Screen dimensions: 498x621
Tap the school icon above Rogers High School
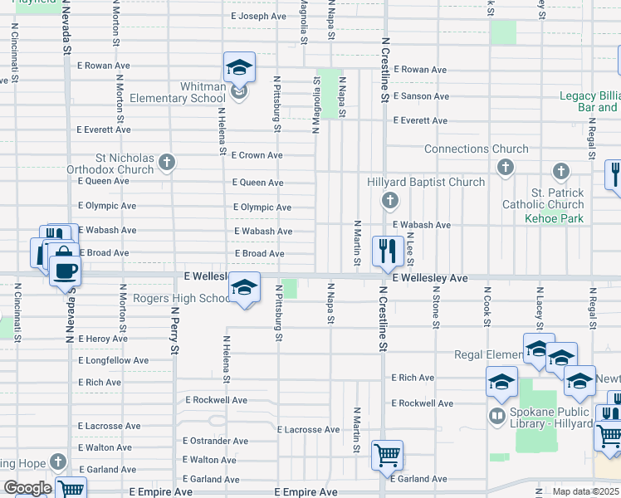click(x=243, y=287)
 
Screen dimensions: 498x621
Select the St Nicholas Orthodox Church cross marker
click(x=167, y=161)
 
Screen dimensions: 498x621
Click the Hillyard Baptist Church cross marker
click(x=389, y=200)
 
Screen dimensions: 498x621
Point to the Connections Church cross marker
click(x=504, y=168)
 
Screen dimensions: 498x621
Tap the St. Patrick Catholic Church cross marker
click(x=561, y=172)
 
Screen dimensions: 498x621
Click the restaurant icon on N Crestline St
click(x=388, y=251)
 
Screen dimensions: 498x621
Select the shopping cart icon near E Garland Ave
click(x=387, y=455)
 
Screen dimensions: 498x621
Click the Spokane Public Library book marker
click(x=497, y=415)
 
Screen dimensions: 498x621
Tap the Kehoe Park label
click(x=554, y=218)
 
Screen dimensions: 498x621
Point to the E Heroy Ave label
click(x=103, y=339)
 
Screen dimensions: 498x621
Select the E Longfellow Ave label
click(x=114, y=361)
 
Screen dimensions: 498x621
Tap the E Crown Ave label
click(x=257, y=155)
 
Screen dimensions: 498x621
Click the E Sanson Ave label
click(x=421, y=96)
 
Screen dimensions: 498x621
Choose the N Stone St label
click(x=435, y=308)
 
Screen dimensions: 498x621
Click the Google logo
click(x=27, y=487)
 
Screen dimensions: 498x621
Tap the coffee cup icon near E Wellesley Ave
click(x=65, y=269)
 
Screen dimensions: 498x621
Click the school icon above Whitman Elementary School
click(x=239, y=67)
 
